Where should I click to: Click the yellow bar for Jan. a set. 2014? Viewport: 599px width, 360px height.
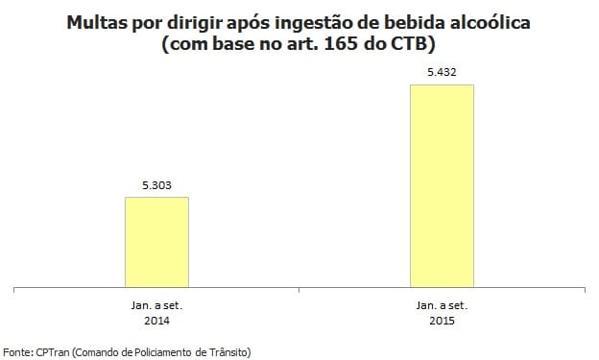click(x=156, y=241)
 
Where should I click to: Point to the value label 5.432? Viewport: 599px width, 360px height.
click(x=442, y=72)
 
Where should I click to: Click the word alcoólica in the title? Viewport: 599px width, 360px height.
click(x=511, y=21)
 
